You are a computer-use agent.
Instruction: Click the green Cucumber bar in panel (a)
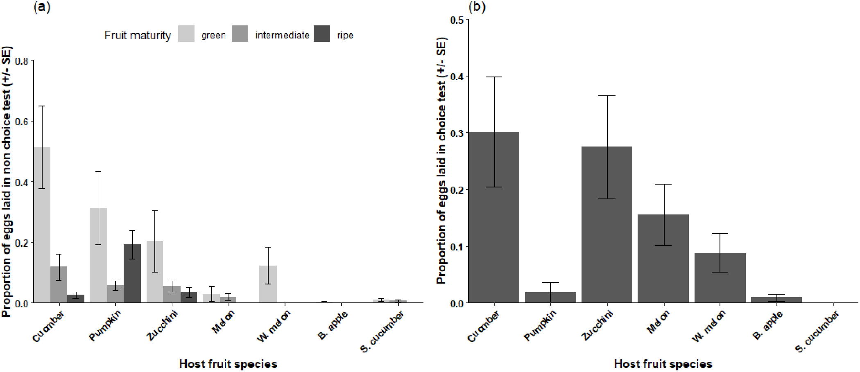[x=42, y=225]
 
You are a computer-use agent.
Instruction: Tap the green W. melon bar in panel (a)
[x=268, y=284]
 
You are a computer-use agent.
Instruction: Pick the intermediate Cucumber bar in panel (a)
[x=59, y=285]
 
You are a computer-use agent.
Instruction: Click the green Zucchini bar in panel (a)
[x=155, y=272]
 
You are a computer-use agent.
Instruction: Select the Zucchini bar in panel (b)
[x=607, y=225]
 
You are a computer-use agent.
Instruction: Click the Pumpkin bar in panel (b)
[x=550, y=298]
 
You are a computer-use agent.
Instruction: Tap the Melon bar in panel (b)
[x=663, y=259]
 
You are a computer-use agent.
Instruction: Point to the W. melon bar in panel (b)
[x=720, y=278]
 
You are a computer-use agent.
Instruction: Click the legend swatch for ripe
[x=322, y=34]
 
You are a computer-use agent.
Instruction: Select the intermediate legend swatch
[x=240, y=34]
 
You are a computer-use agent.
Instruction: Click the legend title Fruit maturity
[x=137, y=35]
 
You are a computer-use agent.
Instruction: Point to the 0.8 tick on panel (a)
[x=24, y=61]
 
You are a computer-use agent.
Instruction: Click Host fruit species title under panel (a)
[x=228, y=364]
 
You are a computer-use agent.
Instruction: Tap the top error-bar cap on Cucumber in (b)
[x=494, y=77]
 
